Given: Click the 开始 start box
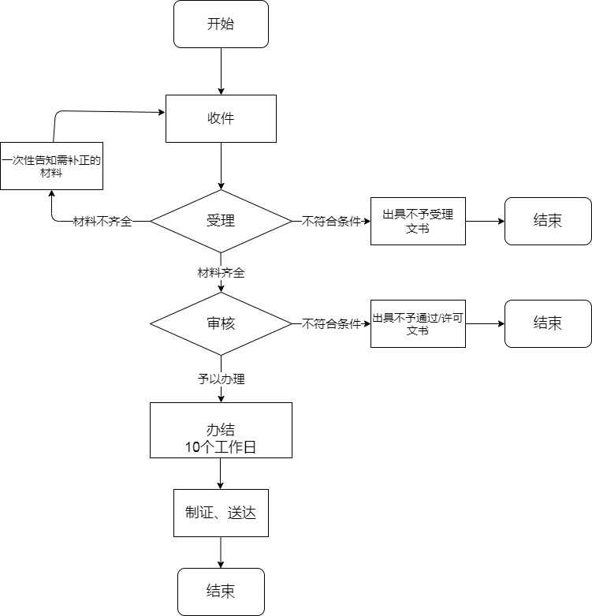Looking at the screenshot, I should tap(221, 24).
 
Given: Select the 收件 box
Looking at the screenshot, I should tap(221, 118).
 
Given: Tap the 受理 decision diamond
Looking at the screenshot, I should tap(221, 221).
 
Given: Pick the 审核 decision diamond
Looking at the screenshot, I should tap(221, 323).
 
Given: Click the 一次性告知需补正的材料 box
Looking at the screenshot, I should tap(52, 166).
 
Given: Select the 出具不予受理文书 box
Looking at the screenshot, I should tap(418, 221).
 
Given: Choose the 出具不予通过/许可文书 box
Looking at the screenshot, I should tap(418, 323).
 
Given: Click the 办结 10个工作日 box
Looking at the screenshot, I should tap(221, 430).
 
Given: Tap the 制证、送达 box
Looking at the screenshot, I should tap(221, 513).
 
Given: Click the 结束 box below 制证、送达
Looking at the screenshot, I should tap(221, 591).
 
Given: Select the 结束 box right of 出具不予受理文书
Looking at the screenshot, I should tap(548, 221).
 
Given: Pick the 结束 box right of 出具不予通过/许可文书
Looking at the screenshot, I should tap(548, 323).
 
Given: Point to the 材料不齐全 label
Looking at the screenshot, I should tap(102, 222).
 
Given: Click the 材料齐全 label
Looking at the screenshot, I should tap(221, 273).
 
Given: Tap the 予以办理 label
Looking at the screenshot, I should tap(221, 379).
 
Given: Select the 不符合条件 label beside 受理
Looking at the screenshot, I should tap(331, 222).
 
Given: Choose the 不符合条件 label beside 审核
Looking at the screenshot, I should tap(331, 323).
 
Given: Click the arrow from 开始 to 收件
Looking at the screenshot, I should tap(221, 71).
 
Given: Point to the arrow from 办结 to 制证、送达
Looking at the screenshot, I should tap(221, 473).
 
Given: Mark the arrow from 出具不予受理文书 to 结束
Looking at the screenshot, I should tap(485, 221).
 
